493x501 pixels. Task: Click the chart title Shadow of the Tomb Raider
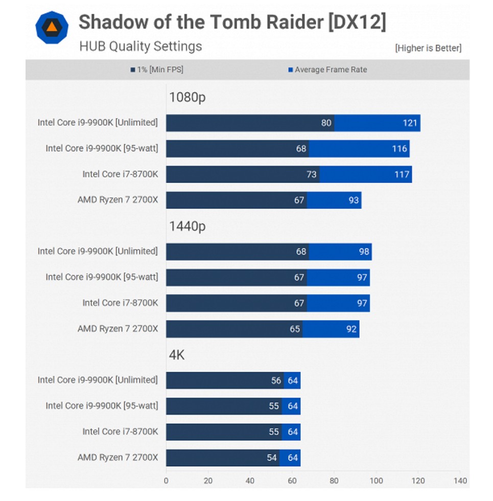[x=232, y=22]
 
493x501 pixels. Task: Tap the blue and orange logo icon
[x=52, y=27]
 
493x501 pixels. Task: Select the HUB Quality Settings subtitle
[x=140, y=47]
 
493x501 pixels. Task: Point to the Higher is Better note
[x=428, y=48]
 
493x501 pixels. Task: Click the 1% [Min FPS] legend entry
[x=157, y=70]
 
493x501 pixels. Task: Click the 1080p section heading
[x=187, y=97]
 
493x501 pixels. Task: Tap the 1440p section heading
[x=187, y=226]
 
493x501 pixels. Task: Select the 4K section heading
[x=177, y=355]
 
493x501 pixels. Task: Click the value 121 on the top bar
[x=410, y=123]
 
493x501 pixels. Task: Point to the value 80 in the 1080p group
[x=326, y=123]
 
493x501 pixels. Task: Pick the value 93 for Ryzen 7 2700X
[x=354, y=200]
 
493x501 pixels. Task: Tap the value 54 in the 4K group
[x=272, y=458]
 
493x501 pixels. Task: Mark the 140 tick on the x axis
[x=460, y=481]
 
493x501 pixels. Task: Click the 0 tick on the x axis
[x=166, y=481]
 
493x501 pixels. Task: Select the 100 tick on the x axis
[x=376, y=481]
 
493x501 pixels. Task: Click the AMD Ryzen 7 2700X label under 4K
[x=118, y=458]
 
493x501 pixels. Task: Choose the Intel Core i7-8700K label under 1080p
[x=120, y=174]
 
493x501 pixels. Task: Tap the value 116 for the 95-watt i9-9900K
[x=400, y=149]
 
